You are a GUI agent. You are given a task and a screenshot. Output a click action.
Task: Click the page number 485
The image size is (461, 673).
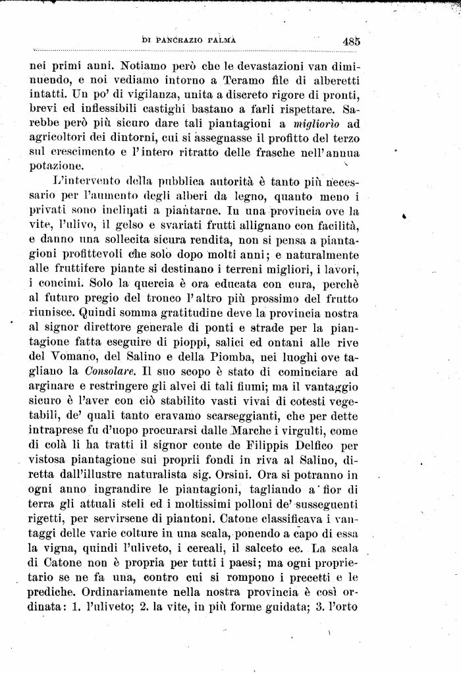[351, 40]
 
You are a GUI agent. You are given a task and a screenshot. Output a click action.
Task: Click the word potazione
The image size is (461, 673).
[52, 167]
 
